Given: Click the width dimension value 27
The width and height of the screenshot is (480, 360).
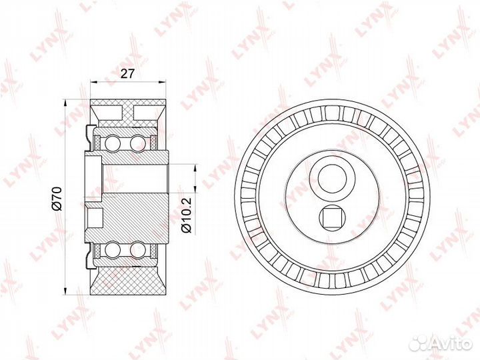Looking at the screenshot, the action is (x=127, y=74).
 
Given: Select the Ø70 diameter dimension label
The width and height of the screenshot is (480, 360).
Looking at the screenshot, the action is (x=57, y=199).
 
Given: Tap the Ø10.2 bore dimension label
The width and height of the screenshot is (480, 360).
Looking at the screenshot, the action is (x=186, y=215).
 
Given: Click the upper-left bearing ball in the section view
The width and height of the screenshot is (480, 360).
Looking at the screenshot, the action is (x=111, y=143).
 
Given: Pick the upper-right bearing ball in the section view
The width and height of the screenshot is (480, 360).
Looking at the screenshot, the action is (x=137, y=143).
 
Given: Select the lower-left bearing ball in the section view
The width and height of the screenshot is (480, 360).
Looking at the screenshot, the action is (x=111, y=249).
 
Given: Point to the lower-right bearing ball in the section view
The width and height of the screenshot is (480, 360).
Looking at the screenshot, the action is (x=137, y=249).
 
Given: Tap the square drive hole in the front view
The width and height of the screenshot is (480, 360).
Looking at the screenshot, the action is (x=332, y=219).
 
